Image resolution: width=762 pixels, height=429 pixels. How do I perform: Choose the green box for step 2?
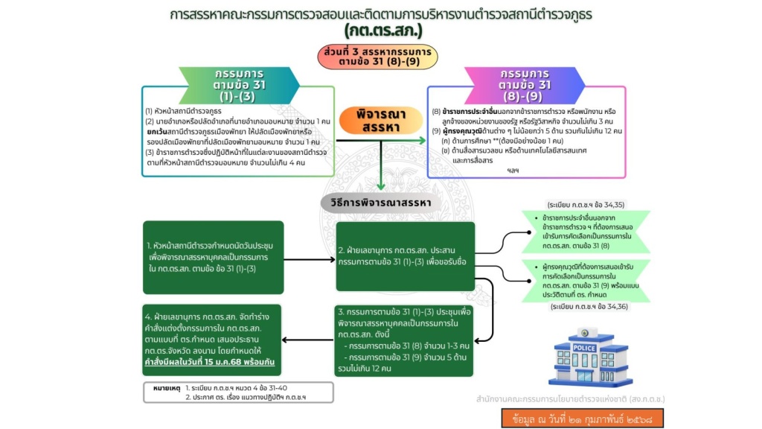coord(405,256)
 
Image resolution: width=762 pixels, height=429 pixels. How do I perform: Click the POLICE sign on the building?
coord(583,348)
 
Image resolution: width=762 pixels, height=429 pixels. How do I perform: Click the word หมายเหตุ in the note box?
coord(166,389)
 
